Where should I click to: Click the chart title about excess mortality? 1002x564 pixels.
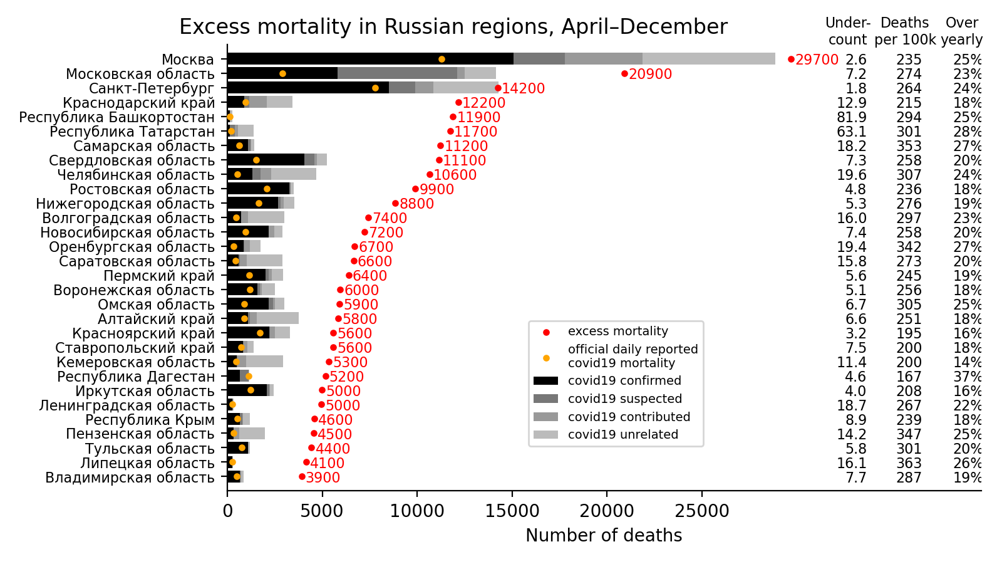[x=453, y=27]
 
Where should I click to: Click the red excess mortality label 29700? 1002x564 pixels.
[x=817, y=60]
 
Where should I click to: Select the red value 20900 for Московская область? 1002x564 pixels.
[x=650, y=75]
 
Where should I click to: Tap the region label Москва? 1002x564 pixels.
[x=188, y=60]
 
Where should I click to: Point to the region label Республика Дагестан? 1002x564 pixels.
[x=136, y=377]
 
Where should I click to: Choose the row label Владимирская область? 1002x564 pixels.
[x=130, y=478]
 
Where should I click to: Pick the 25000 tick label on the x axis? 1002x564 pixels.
[x=701, y=511]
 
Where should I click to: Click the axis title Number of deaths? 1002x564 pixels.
[x=604, y=536]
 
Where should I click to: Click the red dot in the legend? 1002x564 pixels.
[x=546, y=332]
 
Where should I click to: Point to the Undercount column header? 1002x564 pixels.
[x=847, y=31]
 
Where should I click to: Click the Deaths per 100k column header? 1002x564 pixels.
[x=905, y=31]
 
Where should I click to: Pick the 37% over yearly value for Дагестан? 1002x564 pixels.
[x=968, y=377]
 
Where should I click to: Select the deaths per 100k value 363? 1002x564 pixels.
[x=909, y=464]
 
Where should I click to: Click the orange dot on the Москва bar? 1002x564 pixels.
[x=442, y=59]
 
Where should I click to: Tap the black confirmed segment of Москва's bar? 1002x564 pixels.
[x=369, y=59]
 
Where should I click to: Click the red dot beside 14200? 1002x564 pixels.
[x=498, y=88]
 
